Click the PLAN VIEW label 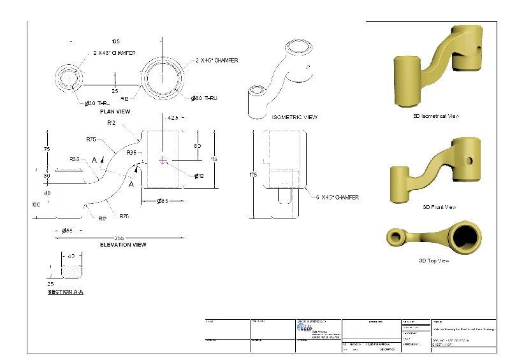(x=115, y=112)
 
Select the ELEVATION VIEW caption (x=123, y=245)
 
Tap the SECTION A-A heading (x=66, y=292)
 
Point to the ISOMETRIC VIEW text (x=295, y=117)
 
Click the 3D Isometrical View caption (x=436, y=117)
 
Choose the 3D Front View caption (x=439, y=207)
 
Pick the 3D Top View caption (x=434, y=260)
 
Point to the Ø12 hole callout (x=199, y=176)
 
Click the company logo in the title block (x=305, y=328)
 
